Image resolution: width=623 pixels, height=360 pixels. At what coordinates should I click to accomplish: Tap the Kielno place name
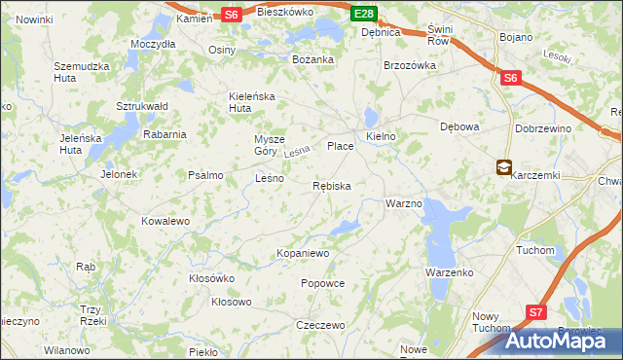pos(381,136)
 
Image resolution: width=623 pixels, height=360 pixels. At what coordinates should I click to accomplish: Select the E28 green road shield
pos(364,13)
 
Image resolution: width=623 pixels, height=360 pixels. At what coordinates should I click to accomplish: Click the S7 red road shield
pos(536,311)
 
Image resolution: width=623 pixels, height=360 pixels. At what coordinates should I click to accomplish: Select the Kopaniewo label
pos(304,253)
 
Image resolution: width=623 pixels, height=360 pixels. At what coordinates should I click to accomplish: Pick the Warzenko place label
pos(449,272)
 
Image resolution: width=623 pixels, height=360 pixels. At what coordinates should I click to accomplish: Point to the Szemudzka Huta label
pos(79,72)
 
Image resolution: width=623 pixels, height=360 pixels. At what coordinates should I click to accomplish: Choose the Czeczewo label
pos(321,325)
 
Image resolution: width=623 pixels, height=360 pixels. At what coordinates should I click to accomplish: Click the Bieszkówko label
pos(284,13)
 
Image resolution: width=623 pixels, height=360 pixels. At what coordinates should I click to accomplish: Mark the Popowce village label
pos(323,283)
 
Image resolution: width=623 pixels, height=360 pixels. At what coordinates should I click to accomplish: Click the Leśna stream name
pos(296,153)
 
